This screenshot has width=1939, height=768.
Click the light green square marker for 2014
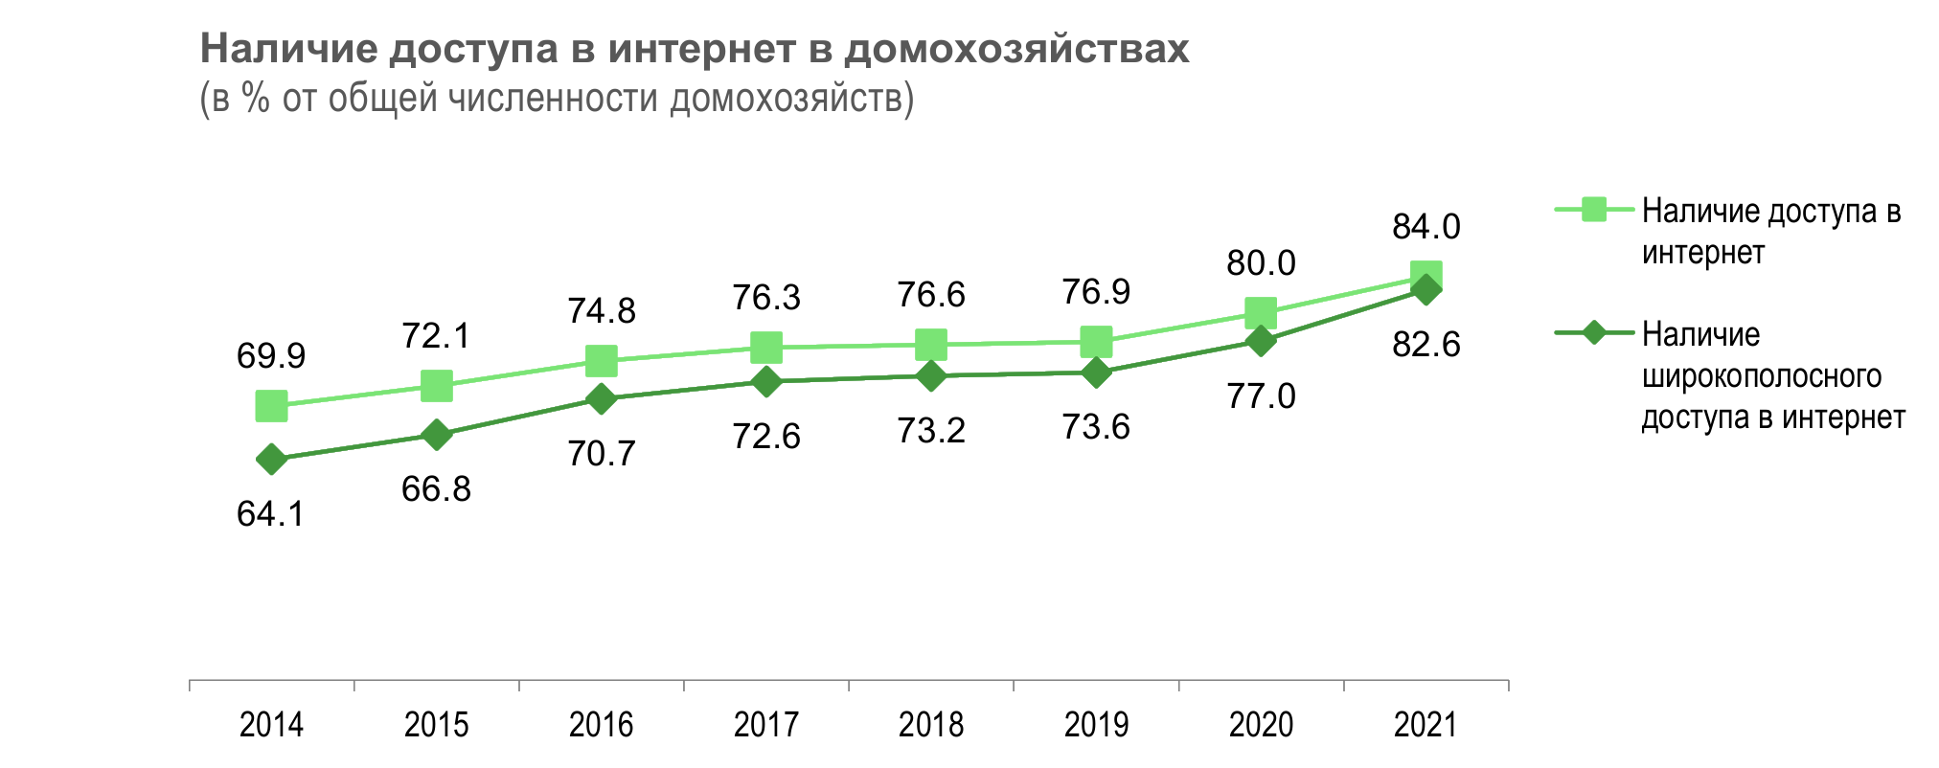point(271,406)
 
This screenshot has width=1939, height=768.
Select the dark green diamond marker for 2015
point(436,435)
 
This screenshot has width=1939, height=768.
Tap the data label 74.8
point(601,311)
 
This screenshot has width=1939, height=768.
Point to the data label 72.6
point(765,437)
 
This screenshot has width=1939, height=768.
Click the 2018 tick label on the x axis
point(931,725)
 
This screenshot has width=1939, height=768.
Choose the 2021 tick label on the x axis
point(1426,725)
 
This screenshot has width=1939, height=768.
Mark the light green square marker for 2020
point(1261,312)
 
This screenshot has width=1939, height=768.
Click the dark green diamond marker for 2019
point(1096,373)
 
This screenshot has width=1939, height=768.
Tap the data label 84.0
point(1426,227)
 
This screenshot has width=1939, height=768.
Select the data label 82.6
point(1426,345)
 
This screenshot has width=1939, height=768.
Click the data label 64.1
point(271,514)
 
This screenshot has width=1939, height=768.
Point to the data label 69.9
point(271,356)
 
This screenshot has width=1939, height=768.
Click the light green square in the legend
point(1594,209)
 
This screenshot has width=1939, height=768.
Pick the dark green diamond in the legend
point(1594,333)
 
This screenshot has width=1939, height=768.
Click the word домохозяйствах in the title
point(1016,48)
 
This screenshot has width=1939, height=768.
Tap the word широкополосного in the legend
point(1761,376)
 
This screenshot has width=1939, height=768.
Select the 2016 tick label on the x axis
point(601,725)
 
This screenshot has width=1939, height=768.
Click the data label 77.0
point(1261,395)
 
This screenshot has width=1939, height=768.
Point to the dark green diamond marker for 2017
point(765,382)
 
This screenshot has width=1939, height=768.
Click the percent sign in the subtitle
point(256,99)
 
